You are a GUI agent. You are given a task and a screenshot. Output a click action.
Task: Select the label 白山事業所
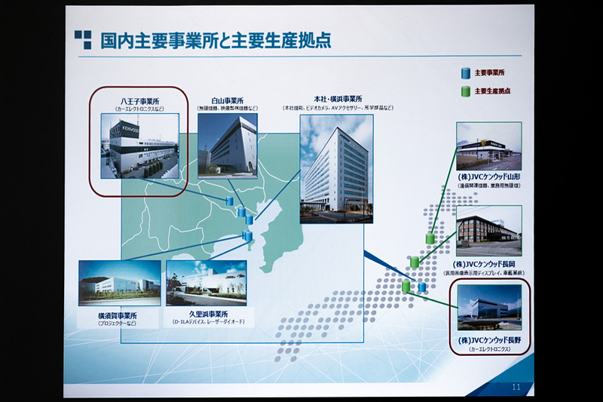point(227,100)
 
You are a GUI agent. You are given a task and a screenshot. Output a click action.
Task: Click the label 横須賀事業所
point(119,315)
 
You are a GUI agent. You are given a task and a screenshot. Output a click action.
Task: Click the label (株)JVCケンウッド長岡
point(489,263)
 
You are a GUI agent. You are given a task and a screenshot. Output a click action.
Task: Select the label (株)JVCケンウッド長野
point(489,342)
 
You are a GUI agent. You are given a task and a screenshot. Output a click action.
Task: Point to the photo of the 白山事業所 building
point(227,146)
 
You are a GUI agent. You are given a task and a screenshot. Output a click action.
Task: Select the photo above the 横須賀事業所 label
point(119,283)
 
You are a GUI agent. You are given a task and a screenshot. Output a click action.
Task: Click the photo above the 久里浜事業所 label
point(206,283)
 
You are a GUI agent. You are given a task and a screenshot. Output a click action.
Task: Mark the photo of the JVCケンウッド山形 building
point(488,146)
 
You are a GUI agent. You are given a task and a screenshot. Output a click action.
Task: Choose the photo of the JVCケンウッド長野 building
point(489,308)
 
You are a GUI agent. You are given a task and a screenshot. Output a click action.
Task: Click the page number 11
point(517,386)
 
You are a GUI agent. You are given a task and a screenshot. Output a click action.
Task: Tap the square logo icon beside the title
point(82,39)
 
